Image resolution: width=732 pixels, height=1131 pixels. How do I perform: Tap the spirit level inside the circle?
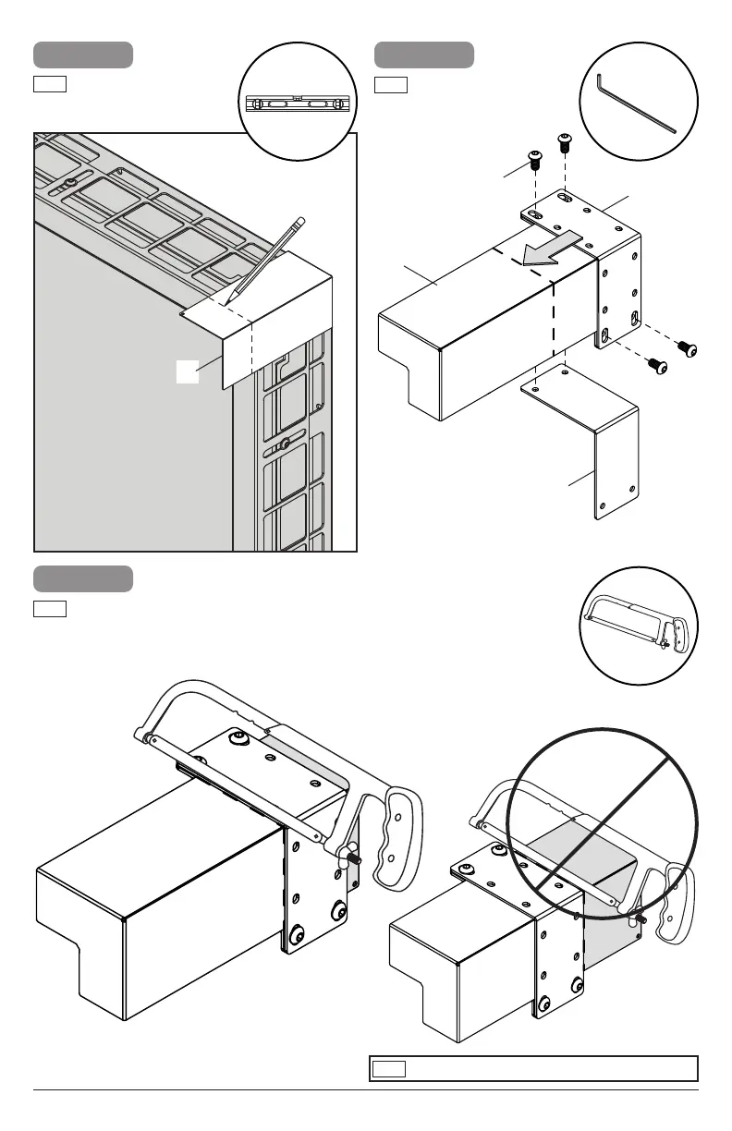296,103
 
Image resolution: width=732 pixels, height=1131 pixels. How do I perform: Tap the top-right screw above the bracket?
565,142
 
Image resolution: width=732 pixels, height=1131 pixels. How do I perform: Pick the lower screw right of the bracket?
658,367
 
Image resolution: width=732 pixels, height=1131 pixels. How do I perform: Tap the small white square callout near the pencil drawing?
188,371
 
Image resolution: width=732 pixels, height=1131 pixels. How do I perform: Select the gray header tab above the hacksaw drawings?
83,578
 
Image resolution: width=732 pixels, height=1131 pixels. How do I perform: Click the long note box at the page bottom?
532,1069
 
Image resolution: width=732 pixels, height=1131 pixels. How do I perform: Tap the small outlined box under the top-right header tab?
391,86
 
